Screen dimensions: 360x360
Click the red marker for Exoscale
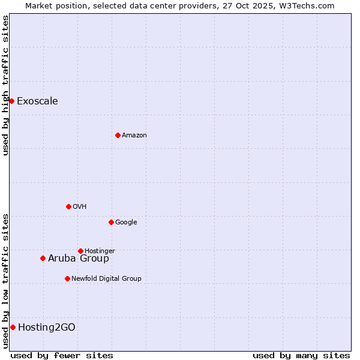11,101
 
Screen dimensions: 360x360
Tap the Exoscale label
37,101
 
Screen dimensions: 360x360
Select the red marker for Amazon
118,135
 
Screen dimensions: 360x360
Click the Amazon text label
134,136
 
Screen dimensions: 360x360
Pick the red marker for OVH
68,206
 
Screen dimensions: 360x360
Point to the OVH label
80,207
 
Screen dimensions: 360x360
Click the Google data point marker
111,222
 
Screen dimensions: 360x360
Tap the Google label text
126,223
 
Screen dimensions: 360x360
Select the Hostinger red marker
80,251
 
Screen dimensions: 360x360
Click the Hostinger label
100,251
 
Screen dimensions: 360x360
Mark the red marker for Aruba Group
43,258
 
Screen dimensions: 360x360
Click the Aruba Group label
79,259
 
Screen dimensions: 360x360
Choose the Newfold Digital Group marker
67,278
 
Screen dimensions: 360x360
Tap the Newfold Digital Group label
106,278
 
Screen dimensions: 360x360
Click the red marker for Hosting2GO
13,327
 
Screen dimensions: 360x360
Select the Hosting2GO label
47,327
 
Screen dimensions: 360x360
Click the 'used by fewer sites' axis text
62,355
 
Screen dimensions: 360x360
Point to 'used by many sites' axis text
301,355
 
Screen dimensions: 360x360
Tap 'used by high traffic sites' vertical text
5,85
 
